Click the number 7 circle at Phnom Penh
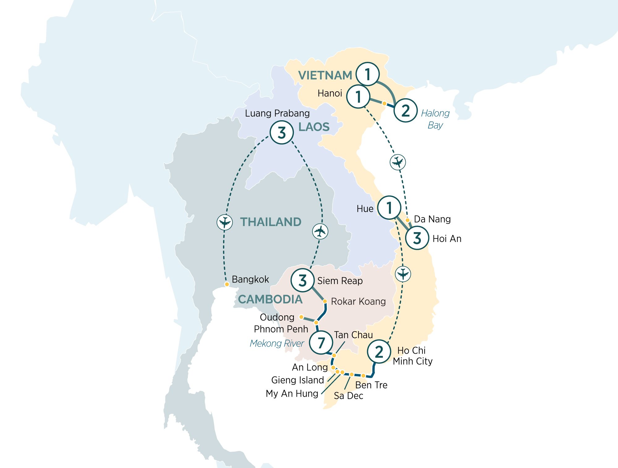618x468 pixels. (321, 342)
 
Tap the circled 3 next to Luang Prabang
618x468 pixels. (281, 133)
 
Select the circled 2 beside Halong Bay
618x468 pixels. (406, 110)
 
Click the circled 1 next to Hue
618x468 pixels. (389, 207)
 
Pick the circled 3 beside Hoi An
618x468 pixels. (417, 238)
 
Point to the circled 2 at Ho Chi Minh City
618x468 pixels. (379, 352)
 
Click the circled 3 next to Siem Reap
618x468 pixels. (303, 280)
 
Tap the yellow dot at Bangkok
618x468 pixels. (227, 284)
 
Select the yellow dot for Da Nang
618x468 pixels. (408, 220)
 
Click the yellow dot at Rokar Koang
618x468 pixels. (325, 301)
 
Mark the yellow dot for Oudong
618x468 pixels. (301, 317)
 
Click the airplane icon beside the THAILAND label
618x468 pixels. (225, 222)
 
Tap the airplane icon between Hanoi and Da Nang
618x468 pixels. (398, 162)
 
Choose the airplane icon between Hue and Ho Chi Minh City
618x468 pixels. (403, 274)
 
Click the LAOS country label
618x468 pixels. (314, 127)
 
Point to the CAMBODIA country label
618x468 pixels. (270, 299)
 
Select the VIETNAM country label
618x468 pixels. (325, 75)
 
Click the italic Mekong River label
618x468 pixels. (277, 343)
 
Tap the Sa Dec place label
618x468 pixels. (348, 396)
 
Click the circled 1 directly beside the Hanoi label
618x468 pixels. (358, 96)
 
